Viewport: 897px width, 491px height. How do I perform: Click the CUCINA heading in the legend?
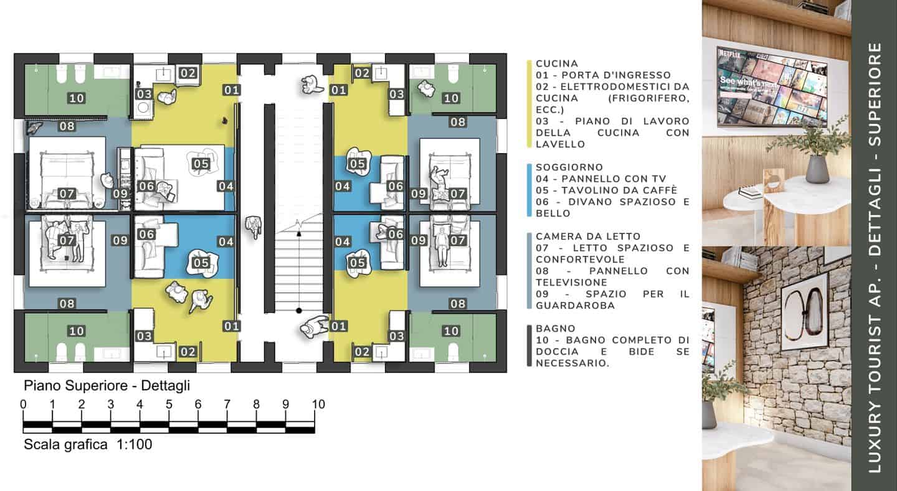557,63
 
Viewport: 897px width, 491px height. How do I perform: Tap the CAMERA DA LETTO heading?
588,236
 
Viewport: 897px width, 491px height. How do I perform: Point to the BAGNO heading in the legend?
556,329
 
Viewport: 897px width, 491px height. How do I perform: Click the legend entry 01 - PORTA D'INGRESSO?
603,75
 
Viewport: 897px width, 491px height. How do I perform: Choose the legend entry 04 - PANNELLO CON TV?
600,179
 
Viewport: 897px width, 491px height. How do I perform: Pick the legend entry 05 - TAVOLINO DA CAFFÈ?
606,190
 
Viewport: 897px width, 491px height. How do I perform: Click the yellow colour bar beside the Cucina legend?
529,104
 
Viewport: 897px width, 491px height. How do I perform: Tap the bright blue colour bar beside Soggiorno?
529,190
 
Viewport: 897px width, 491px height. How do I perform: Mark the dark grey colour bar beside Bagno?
529,346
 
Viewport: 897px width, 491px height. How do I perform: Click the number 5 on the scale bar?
169,404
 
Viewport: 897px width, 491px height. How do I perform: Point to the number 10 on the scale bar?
318,404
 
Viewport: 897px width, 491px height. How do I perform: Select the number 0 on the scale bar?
23,404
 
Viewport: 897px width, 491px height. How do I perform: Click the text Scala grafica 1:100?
88,444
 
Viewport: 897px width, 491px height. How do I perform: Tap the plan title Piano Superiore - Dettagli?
107,386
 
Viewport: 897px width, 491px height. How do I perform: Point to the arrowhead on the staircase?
299,233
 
